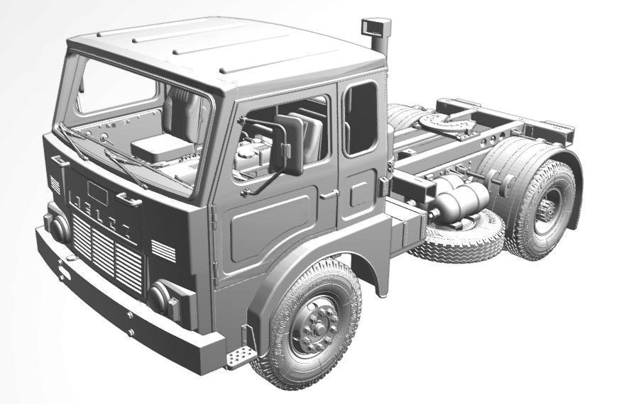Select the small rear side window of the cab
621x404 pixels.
click(x=361, y=118)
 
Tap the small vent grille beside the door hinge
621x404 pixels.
click(x=163, y=250)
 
